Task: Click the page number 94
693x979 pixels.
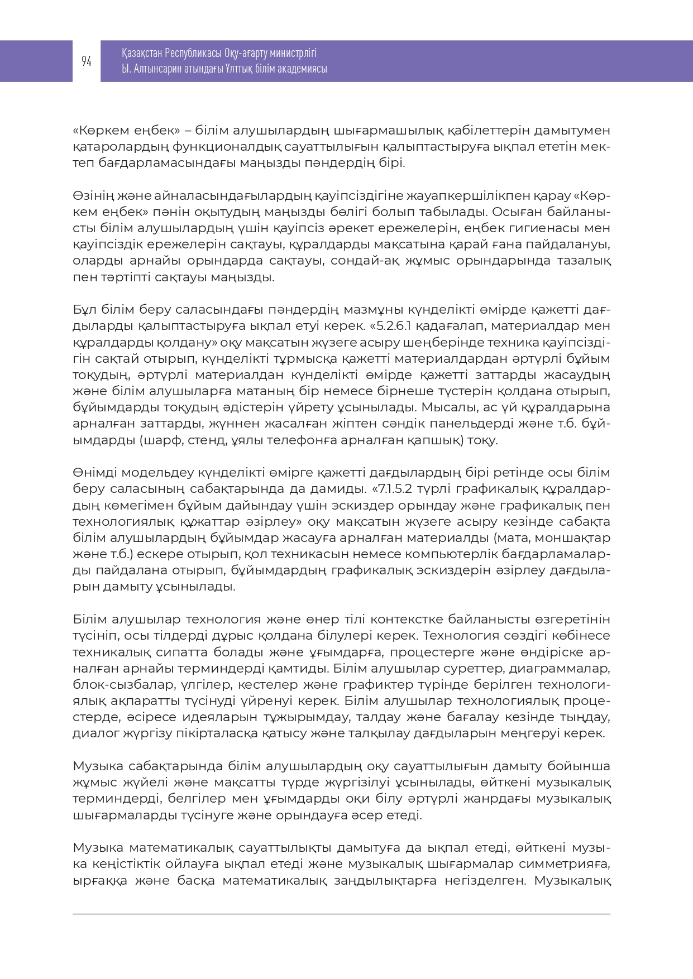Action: (87, 61)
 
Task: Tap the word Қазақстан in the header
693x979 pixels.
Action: (142, 53)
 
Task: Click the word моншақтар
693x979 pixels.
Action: (576, 538)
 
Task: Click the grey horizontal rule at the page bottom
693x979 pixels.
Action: (341, 914)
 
